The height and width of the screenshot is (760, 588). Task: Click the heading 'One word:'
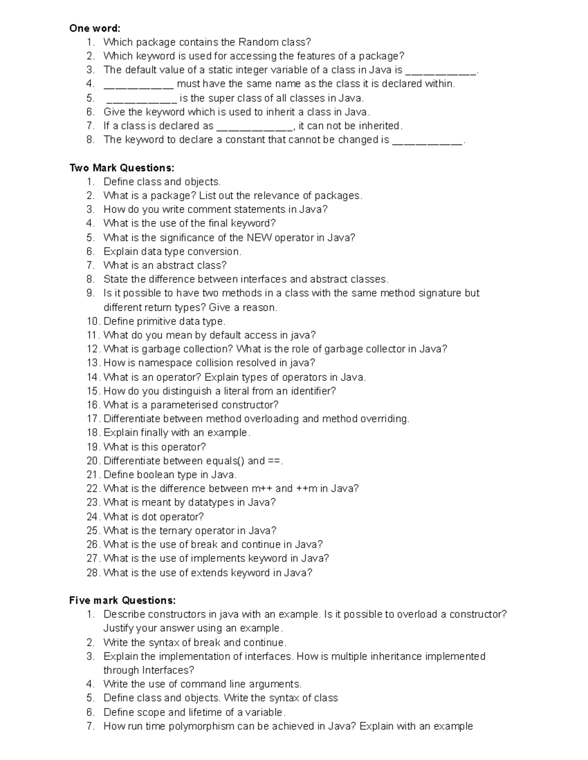point(95,28)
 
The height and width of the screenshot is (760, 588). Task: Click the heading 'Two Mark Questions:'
point(122,168)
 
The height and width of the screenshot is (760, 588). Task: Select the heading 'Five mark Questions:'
point(122,600)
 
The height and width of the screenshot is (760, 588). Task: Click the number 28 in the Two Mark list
point(93,573)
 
